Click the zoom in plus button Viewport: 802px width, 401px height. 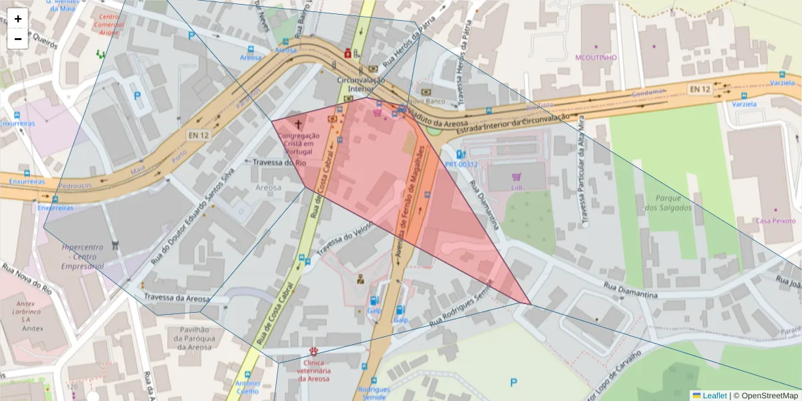pos(18,19)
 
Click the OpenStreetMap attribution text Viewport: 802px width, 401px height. pos(765,395)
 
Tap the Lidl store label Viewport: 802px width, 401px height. pos(516,188)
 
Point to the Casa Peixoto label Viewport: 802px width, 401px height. pos(775,221)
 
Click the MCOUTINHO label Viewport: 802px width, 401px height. pos(596,57)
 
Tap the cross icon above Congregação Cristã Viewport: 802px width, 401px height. pos(298,124)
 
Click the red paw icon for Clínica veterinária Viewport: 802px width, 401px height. pos(313,351)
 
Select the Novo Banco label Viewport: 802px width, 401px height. pos(435,91)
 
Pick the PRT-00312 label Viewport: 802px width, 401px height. pos(461,164)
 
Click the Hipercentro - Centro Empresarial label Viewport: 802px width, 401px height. pos(82,256)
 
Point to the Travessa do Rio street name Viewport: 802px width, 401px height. pos(279,162)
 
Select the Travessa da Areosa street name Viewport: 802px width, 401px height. pos(176,299)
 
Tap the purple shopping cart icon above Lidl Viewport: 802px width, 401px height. pos(516,177)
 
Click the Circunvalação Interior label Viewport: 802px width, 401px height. pos(361,85)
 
